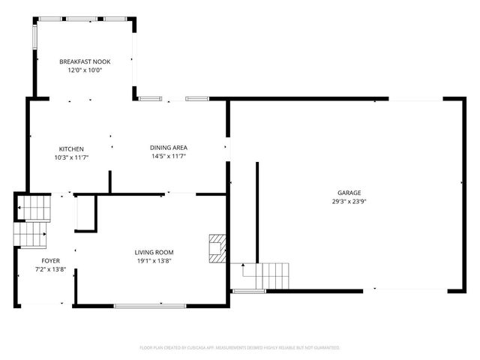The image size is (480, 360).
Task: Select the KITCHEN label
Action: (x=71, y=148)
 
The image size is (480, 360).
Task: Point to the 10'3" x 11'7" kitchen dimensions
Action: (x=71, y=157)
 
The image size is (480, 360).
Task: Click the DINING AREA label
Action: (x=168, y=148)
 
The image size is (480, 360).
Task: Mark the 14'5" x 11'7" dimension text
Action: (x=168, y=156)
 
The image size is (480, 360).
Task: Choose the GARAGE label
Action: (x=349, y=193)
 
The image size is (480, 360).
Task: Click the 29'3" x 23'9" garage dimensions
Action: (x=349, y=201)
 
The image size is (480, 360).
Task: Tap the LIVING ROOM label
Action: (x=154, y=252)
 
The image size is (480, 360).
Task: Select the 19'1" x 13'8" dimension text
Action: (x=154, y=260)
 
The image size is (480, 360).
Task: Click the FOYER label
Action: (x=50, y=260)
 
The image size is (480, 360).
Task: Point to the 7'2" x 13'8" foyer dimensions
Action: (x=50, y=268)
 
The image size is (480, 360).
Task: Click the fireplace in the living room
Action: (x=217, y=248)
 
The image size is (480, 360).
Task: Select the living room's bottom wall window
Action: (x=149, y=305)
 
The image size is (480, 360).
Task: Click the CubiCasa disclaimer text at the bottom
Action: (x=239, y=347)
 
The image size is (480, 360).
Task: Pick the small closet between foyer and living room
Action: (x=85, y=211)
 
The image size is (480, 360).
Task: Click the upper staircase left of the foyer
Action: (x=34, y=206)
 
